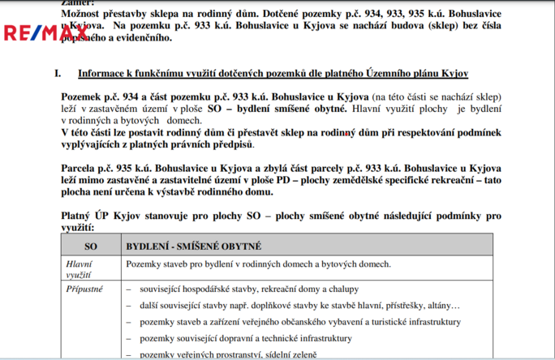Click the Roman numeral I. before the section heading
point(58,73)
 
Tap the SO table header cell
point(91,245)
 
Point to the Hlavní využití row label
point(79,269)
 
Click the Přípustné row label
point(84,289)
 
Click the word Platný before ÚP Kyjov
point(79,216)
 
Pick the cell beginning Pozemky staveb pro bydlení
point(258,264)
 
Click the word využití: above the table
point(78,229)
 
